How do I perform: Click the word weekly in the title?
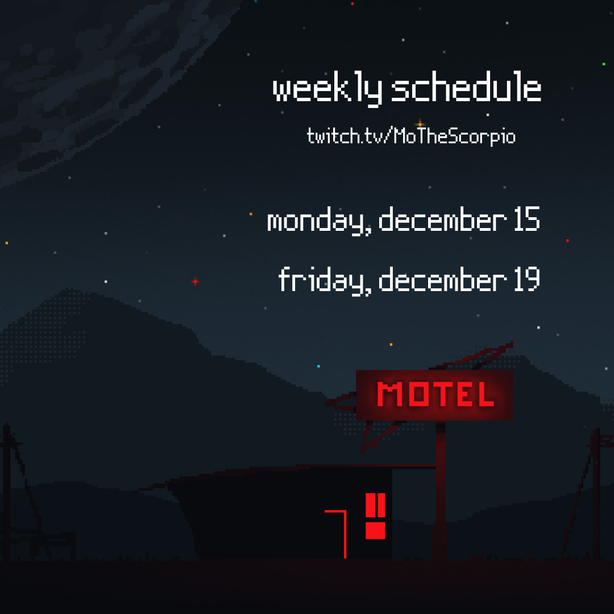coord(327,89)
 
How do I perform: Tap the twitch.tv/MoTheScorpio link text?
coord(411,136)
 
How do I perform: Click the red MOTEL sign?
coord(434,395)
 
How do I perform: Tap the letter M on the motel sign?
coord(389,394)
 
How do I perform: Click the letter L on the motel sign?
coord(484,394)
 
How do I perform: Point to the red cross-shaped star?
coord(196,281)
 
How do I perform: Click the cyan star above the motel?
coord(318,366)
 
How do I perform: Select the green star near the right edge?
coord(604,64)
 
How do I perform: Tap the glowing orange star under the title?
coord(420,125)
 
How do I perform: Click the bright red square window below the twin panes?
coord(375,530)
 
